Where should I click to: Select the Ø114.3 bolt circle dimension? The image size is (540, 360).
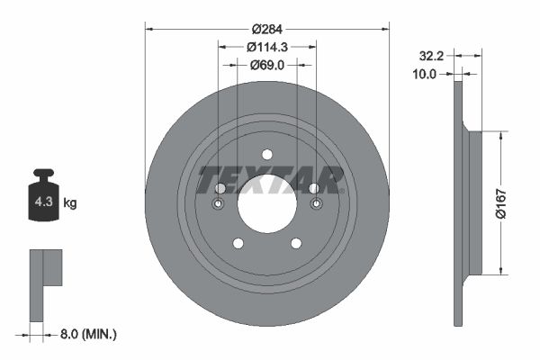coord(266,47)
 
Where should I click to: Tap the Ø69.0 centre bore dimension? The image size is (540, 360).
coord(266,65)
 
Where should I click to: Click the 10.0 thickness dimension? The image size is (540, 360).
coord(424,75)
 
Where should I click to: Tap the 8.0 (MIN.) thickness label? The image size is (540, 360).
coord(87,334)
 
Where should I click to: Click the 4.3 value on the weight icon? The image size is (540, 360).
coord(43,202)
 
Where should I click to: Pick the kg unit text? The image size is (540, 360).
coord(69,203)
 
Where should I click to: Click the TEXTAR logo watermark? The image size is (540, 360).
coord(270,180)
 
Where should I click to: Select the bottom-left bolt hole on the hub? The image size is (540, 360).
coord(238,243)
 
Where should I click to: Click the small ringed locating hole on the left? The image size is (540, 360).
coord(218,204)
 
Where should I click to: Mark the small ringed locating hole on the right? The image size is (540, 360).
coord(315,204)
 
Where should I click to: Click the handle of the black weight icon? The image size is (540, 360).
coord(42,174)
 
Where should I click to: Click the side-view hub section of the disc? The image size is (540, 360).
coord(474,202)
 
